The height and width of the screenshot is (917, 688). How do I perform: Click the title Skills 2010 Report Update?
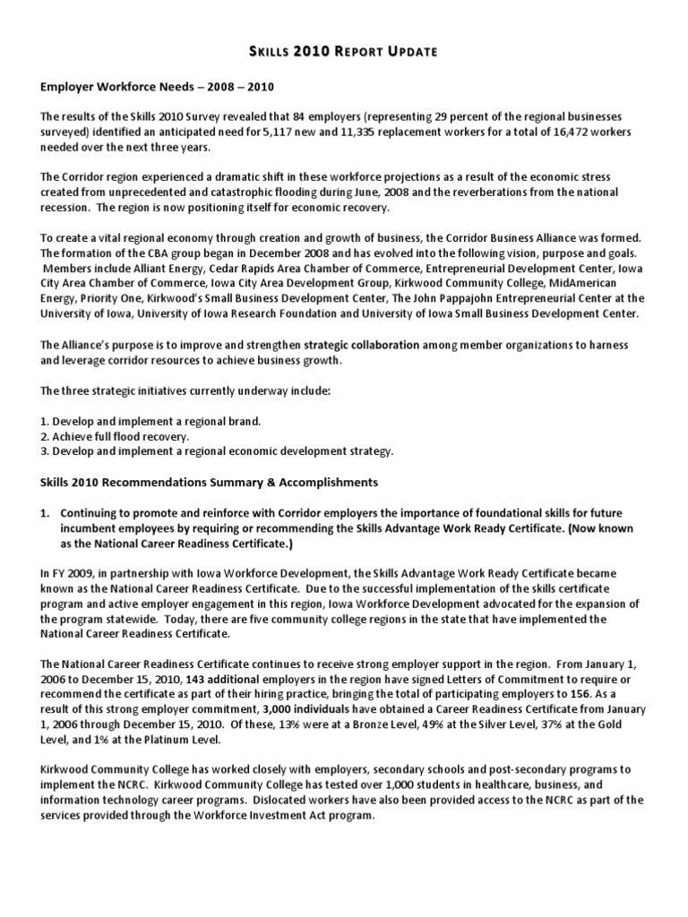[x=344, y=51]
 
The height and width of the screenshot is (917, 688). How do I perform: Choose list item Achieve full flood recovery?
[x=121, y=436]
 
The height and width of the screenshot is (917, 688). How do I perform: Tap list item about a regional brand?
[x=157, y=421]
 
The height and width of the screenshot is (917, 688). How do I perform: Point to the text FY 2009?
[x=75, y=572]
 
